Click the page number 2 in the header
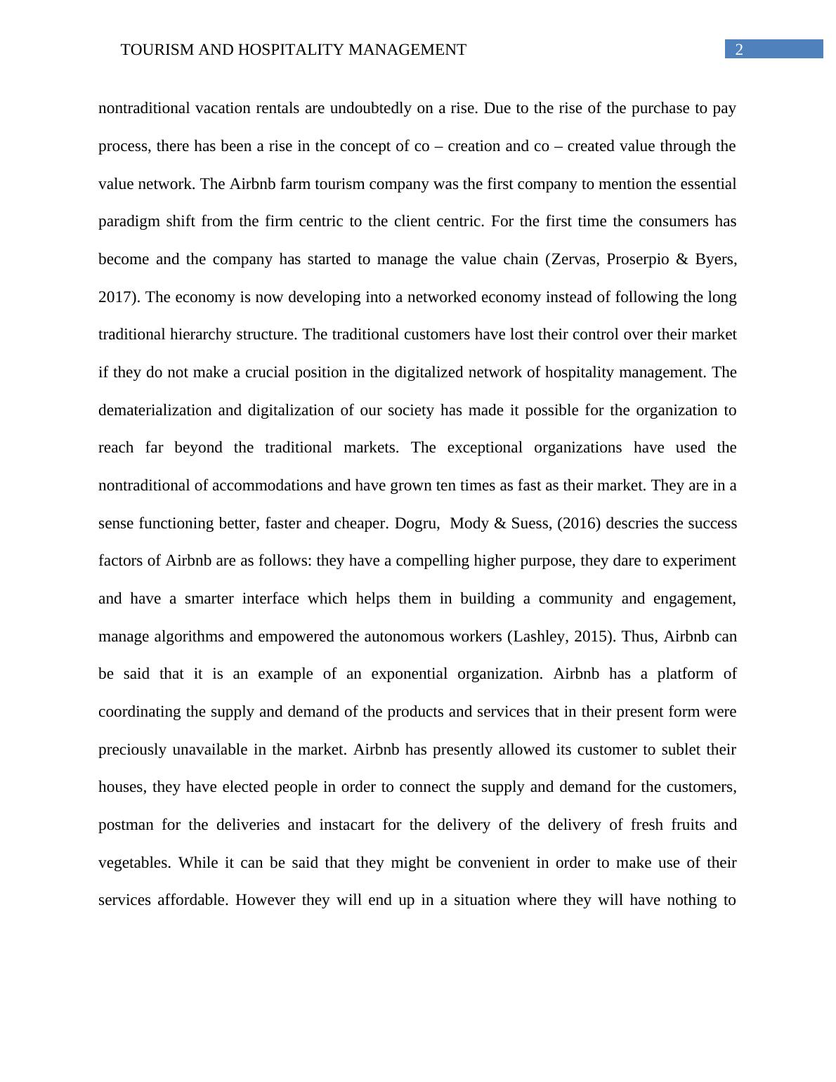738,49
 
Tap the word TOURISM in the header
150,50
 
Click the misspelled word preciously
133,750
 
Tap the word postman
126,825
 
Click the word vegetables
134,863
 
